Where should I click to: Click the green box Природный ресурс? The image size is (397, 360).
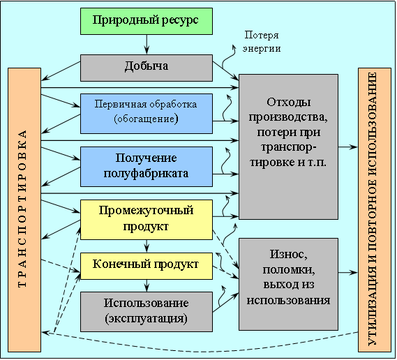click(147, 21)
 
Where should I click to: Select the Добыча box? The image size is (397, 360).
click(147, 68)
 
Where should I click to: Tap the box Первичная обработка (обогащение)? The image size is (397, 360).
click(147, 114)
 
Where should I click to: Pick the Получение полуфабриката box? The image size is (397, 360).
click(147, 167)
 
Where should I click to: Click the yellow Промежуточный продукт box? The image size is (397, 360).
click(147, 220)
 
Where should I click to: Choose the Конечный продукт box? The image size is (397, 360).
click(147, 266)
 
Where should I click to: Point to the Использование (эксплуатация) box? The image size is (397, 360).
click(147, 312)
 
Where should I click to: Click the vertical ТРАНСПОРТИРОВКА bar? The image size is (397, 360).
click(24, 210)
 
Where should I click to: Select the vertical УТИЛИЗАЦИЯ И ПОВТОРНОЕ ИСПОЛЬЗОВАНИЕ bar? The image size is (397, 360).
click(375, 210)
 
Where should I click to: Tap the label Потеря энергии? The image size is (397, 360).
click(262, 42)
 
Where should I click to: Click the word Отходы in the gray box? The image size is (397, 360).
click(289, 103)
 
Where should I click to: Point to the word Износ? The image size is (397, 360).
click(289, 254)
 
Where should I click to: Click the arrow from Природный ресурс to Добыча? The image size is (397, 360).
click(147, 45)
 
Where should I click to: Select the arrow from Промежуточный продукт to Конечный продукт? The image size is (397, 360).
click(147, 246)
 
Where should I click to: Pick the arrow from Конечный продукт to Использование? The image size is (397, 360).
click(147, 285)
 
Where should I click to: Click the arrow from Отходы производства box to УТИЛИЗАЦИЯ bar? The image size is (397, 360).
click(348, 147)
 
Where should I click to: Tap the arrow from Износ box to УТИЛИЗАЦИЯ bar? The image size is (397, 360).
click(348, 273)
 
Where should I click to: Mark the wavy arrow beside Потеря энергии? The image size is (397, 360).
click(228, 58)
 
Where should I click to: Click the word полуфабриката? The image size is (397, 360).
click(146, 174)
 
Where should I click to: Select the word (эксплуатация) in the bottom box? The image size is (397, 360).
click(146, 318)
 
